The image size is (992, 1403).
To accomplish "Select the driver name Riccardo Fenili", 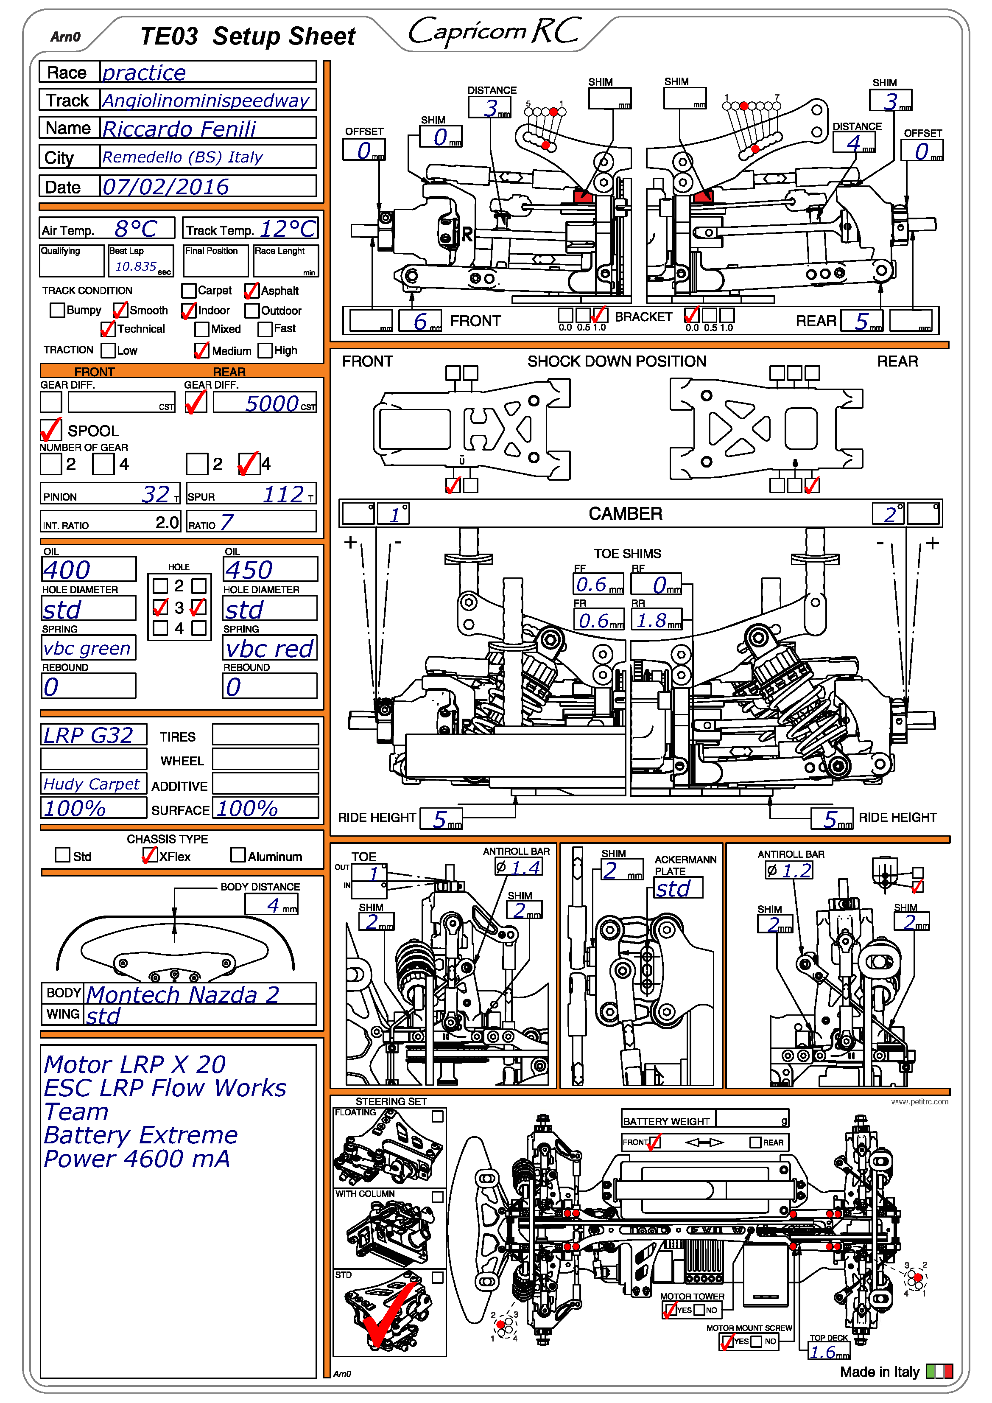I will point(179,129).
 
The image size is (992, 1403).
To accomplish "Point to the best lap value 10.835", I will point(136,266).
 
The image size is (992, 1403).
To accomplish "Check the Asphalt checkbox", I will point(251,291).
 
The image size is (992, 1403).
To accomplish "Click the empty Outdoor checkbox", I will point(251,311).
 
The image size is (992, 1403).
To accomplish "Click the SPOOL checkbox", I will point(51,430).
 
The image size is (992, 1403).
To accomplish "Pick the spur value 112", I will point(283,494).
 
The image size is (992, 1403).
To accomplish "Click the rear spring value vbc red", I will point(269,648).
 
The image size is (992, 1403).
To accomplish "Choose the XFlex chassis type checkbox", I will point(149,855).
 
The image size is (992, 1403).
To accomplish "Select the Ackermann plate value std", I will point(673,888).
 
